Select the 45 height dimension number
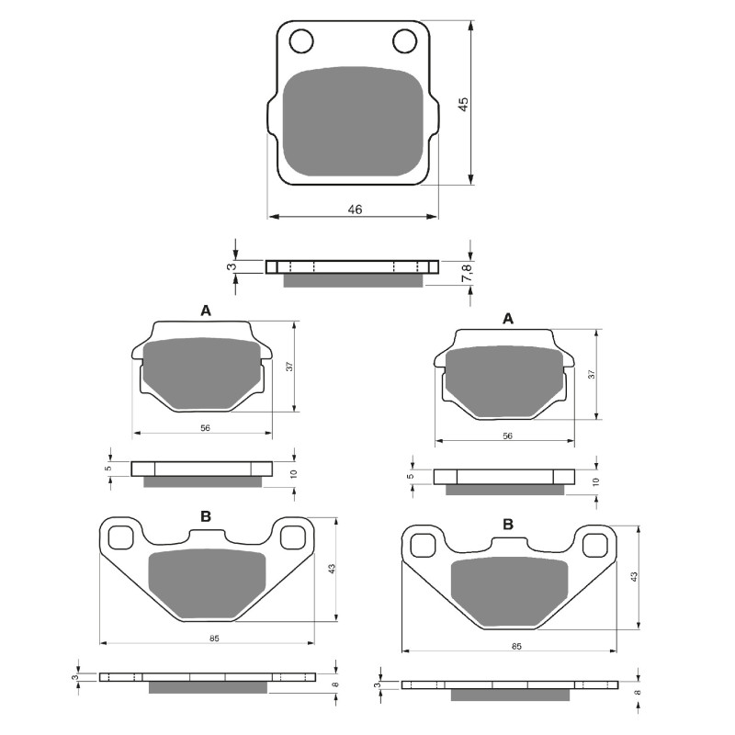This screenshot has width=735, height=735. (465, 104)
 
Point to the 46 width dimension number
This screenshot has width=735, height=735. (355, 209)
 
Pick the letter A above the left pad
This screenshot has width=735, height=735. (206, 311)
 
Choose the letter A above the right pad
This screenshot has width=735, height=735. (507, 318)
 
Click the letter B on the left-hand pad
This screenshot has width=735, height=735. (206, 516)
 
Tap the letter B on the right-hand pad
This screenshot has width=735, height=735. (507, 524)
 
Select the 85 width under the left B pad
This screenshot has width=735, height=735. (213, 637)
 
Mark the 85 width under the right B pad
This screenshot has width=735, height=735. (515, 647)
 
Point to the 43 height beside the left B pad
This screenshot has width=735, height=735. (333, 570)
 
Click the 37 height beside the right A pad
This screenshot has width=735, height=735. (593, 375)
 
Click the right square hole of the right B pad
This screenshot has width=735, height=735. (595, 544)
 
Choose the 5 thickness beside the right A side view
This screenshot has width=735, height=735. (412, 476)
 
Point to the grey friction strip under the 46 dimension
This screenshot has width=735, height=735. (353, 280)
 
